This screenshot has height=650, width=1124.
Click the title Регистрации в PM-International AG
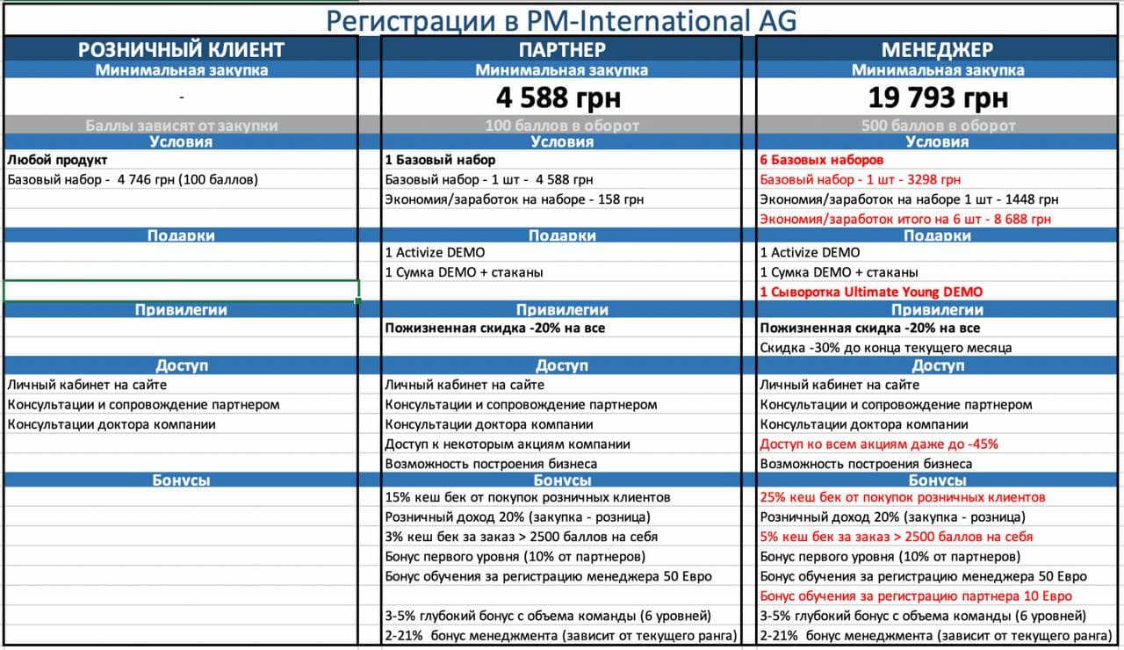point(562,20)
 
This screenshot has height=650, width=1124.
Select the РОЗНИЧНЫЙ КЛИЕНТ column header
point(181,49)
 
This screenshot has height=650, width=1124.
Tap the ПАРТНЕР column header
point(562,49)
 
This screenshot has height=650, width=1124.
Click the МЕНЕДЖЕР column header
point(937,49)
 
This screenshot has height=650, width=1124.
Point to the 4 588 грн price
point(562,97)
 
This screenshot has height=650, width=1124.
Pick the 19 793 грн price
point(937,97)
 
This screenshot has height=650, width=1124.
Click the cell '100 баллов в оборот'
point(562,126)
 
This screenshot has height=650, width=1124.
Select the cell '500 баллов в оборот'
point(937,126)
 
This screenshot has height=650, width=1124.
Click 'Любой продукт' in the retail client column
point(57,160)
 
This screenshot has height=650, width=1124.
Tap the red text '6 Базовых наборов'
point(821,160)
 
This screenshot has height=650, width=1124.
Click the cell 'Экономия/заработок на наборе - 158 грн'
point(514,199)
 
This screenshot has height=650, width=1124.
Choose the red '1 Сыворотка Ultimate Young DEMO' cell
point(871,292)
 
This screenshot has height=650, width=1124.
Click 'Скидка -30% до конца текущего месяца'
point(885,347)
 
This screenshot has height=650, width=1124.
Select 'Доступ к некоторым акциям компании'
point(508,444)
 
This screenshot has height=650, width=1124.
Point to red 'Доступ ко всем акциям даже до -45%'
point(878,444)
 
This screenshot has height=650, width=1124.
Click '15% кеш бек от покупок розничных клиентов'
point(528,497)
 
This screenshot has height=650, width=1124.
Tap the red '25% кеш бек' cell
point(902,497)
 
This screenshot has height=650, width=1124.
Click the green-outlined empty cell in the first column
point(181,291)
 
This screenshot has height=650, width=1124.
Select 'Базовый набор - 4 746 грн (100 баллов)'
point(133,180)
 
